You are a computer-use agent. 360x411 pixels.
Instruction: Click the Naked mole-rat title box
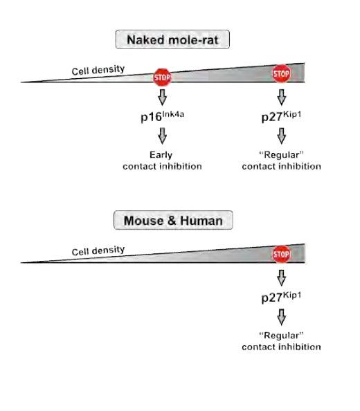pos(172,39)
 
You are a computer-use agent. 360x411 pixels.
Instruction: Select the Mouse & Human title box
pos(173,220)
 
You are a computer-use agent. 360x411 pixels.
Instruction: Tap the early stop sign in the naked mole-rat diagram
pos(162,77)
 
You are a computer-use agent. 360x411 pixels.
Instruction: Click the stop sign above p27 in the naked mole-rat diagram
pos(281,73)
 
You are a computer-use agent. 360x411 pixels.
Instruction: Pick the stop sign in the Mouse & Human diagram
pos(281,254)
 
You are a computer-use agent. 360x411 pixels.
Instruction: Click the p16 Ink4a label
pos(162,116)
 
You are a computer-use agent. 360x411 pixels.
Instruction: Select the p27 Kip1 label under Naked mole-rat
pos(281,116)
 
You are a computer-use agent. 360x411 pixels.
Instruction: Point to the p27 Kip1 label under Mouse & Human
pos(281,298)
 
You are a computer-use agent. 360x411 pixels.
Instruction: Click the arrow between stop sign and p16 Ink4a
pos(162,98)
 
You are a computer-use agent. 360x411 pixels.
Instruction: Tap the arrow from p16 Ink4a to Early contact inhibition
pos(162,136)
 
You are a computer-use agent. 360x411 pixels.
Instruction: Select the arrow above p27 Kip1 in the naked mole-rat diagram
pos(281,98)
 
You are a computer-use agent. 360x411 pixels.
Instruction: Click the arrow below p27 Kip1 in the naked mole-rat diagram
pos(281,136)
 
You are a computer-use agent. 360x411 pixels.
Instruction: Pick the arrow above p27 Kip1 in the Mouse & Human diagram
pos(281,278)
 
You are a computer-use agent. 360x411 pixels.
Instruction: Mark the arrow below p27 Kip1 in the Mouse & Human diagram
pos(281,317)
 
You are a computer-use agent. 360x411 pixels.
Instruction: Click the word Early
pos(161,155)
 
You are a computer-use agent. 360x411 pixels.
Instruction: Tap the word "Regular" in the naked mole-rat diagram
pos(281,155)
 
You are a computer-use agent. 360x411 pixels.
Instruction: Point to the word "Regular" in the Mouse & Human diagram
pos(281,336)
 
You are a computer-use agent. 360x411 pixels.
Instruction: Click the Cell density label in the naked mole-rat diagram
pos(98,70)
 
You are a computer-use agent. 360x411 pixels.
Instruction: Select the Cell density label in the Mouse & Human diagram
pos(98,250)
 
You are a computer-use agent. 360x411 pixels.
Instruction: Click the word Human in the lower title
pos(201,221)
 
